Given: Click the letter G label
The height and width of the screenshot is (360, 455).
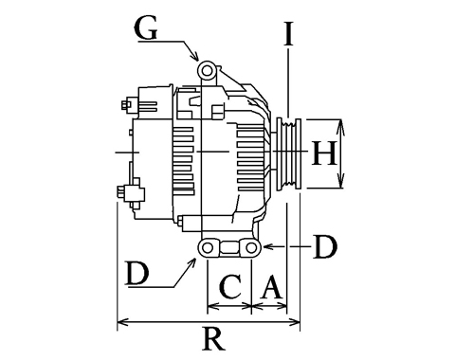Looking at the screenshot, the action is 146,28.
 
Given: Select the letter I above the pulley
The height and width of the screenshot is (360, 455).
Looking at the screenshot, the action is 288,33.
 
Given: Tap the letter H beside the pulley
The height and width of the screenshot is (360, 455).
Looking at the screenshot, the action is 323,153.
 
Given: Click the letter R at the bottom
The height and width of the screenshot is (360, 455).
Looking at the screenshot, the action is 214,338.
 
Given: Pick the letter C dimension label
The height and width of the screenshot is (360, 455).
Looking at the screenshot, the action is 230,286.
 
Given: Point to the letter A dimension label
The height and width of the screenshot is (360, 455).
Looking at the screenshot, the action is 271,287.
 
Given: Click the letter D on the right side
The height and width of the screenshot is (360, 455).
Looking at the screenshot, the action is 325,246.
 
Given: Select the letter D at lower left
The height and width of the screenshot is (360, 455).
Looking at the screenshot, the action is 136,273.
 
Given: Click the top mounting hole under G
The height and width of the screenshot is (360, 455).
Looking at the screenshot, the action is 207,71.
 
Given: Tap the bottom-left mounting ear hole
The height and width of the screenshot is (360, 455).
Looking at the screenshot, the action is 208,248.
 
